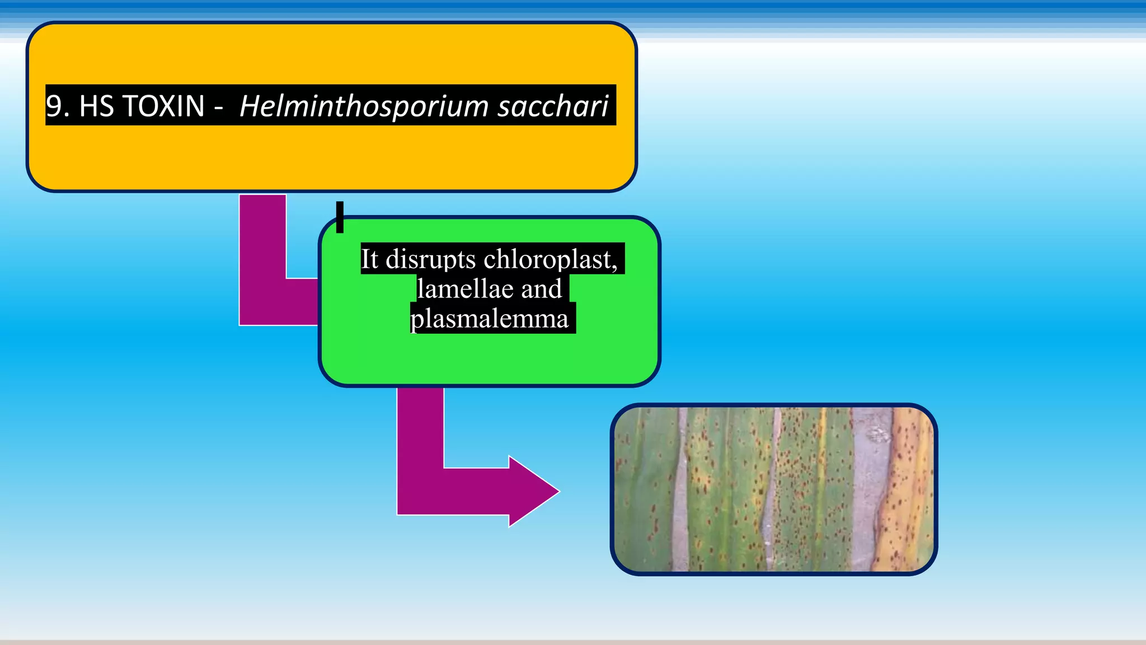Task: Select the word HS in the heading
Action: (x=96, y=106)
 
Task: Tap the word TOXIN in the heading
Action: (x=163, y=106)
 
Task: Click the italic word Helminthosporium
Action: (x=364, y=106)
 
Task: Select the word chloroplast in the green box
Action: (x=548, y=259)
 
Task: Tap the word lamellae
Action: (x=465, y=289)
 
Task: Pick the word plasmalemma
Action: (x=490, y=319)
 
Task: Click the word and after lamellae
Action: (x=541, y=289)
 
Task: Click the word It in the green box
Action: (x=369, y=259)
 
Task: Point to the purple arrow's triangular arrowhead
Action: (x=532, y=492)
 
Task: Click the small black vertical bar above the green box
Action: (x=340, y=217)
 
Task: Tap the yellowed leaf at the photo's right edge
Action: (x=909, y=487)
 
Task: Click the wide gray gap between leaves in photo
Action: (x=870, y=487)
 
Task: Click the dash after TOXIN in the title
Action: (x=218, y=106)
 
